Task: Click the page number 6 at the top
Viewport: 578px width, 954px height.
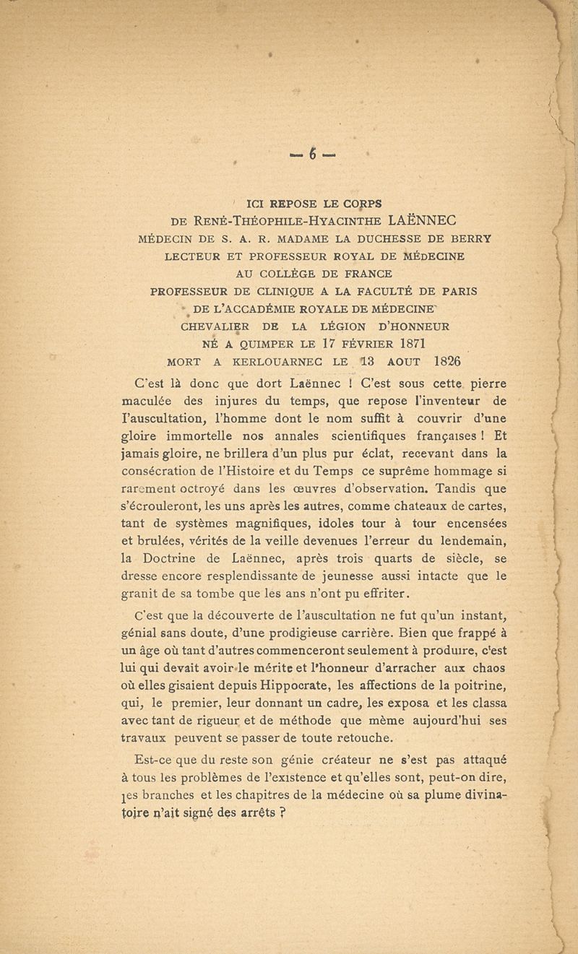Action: pyautogui.click(x=293, y=154)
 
